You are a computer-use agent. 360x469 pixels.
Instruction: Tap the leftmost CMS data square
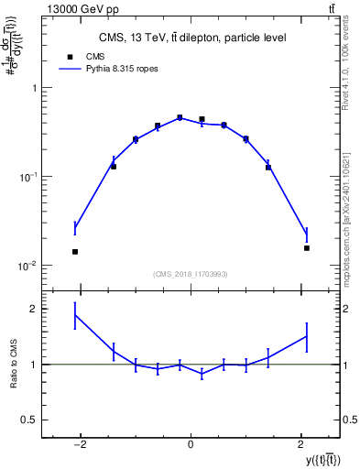(x=75, y=251)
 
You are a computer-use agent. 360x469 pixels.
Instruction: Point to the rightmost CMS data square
(x=307, y=247)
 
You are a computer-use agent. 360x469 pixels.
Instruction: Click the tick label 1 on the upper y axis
(x=33, y=88)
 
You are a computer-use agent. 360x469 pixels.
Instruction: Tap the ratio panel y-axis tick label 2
(x=33, y=309)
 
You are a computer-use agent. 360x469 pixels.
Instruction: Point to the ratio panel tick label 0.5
(x=28, y=420)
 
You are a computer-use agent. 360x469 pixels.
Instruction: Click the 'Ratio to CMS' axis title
(x=13, y=365)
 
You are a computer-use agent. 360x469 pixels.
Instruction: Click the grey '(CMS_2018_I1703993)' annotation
(x=191, y=274)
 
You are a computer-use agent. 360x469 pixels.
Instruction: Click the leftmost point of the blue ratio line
(x=75, y=315)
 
